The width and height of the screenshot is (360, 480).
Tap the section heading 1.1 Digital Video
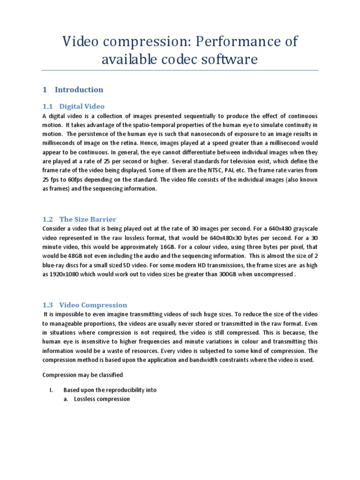coord(73,106)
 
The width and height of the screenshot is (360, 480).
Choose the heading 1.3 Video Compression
coord(85,305)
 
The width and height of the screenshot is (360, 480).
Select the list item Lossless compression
coord(102,399)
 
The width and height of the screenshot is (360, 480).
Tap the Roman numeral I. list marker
coord(45,390)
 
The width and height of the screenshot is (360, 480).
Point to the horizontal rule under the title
coord(180,71)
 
